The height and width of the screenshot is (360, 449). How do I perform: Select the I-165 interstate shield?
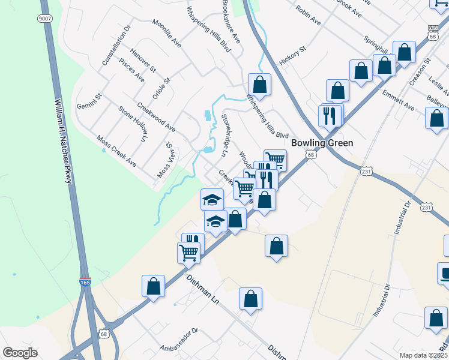pos(86,280)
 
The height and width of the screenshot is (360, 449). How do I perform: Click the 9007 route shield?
pos(44,19)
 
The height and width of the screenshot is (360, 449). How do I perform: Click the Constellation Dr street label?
pos(116,46)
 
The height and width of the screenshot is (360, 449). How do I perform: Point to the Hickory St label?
pos(292,56)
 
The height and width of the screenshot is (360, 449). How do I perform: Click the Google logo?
pos(20,352)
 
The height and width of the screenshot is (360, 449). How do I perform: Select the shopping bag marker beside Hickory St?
pos(259,83)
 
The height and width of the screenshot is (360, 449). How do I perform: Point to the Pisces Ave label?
pos(131,70)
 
